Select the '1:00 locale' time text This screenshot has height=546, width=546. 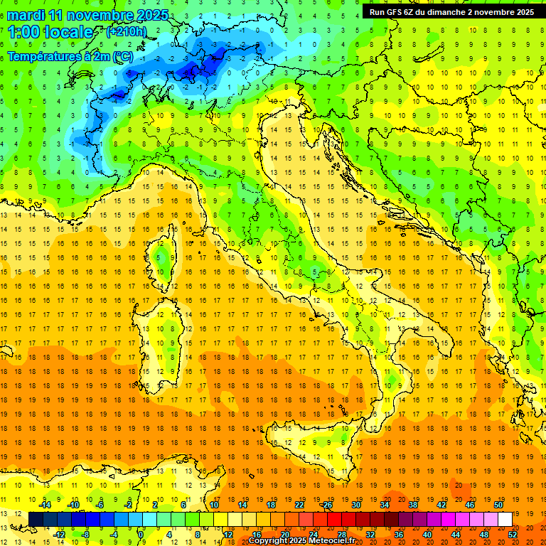[50, 32]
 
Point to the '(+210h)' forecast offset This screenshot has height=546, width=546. [126, 32]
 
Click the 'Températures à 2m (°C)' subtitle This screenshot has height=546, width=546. [70, 55]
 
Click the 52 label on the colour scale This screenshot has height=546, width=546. [513, 535]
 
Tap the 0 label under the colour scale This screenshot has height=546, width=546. [141, 535]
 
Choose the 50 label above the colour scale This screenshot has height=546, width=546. [498, 505]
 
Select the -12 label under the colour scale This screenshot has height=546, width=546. [59, 535]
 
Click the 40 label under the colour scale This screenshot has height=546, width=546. [427, 535]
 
